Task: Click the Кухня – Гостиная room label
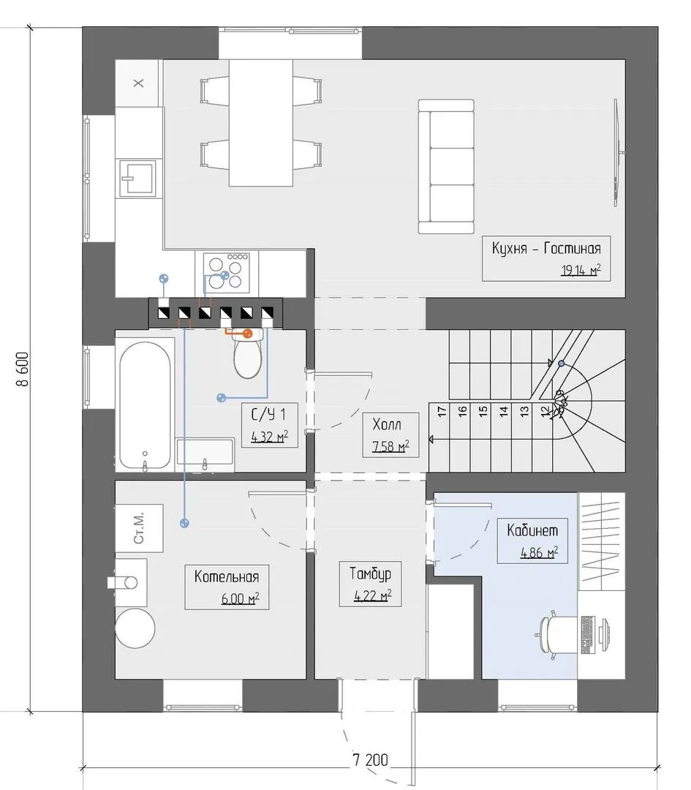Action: (546, 249)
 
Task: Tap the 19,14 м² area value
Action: (581, 270)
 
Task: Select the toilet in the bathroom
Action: (248, 354)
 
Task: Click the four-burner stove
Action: (226, 272)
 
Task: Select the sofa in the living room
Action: (446, 166)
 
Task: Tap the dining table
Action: (261, 123)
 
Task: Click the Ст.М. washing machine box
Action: (139, 528)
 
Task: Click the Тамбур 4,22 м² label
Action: (371, 584)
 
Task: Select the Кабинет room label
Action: (532, 530)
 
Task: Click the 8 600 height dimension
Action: (23, 369)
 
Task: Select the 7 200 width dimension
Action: (370, 759)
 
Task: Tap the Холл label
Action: (387, 424)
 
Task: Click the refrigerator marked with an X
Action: (139, 83)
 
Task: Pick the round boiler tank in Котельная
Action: (135, 628)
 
